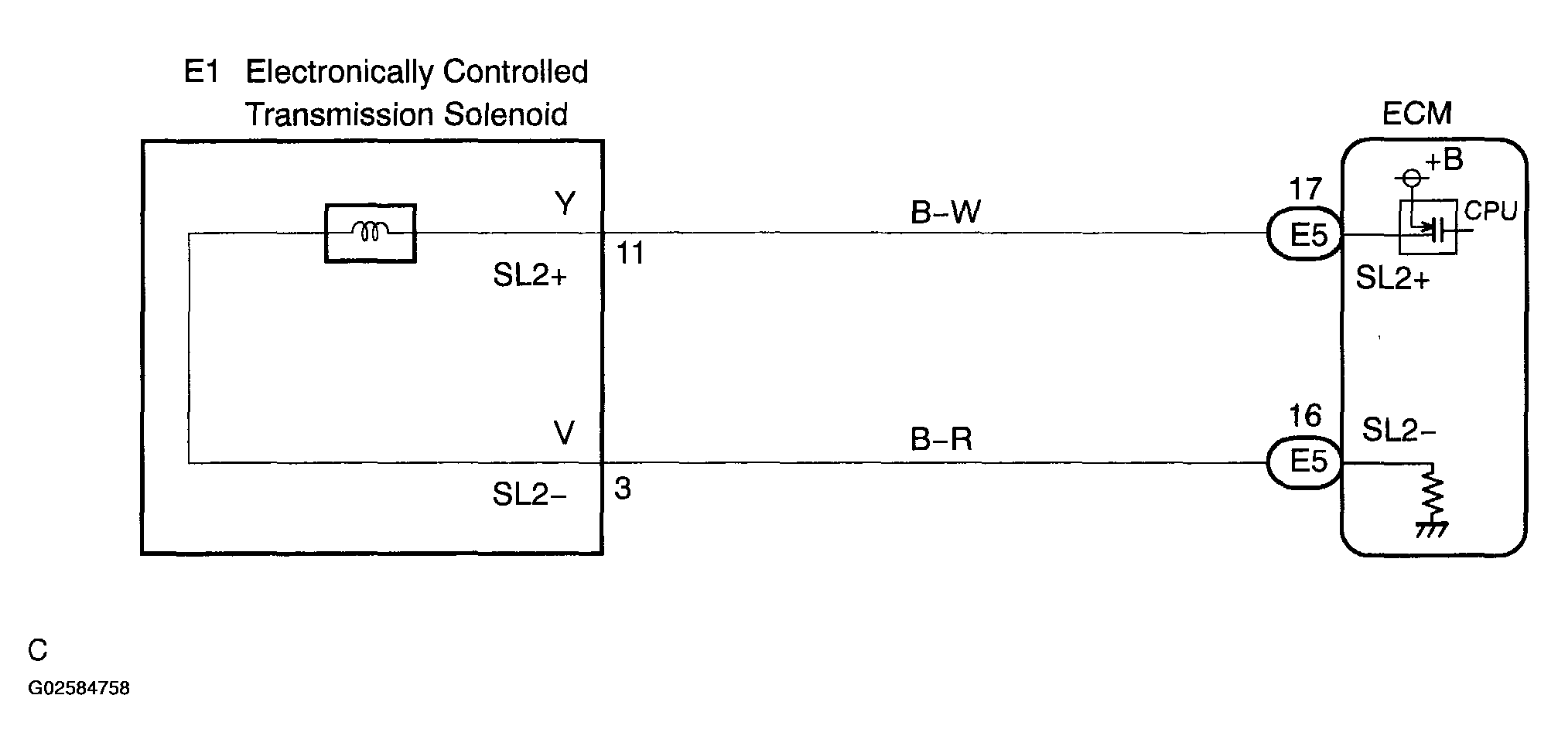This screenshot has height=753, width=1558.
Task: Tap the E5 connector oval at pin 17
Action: tap(1305, 233)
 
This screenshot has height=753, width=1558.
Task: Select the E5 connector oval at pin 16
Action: tap(1305, 462)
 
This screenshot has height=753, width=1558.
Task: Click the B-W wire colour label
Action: tap(945, 211)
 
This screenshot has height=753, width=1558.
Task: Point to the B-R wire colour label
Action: tap(941, 439)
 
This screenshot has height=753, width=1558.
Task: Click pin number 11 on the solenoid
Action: tap(630, 254)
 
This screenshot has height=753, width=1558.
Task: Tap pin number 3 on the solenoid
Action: tap(623, 489)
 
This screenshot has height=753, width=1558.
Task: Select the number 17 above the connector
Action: tap(1306, 189)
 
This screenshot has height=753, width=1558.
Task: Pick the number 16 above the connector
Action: tap(1306, 416)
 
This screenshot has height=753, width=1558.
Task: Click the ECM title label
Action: tap(1416, 114)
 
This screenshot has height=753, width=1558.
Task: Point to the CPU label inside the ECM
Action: tap(1491, 210)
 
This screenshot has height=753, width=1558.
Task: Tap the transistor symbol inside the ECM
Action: tap(1428, 227)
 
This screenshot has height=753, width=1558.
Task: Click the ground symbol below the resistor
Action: tap(1432, 529)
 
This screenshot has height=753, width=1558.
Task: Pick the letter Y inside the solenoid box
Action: tap(565, 203)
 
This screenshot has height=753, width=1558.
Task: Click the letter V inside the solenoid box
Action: tap(565, 433)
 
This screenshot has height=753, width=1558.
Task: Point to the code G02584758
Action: tap(79, 688)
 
